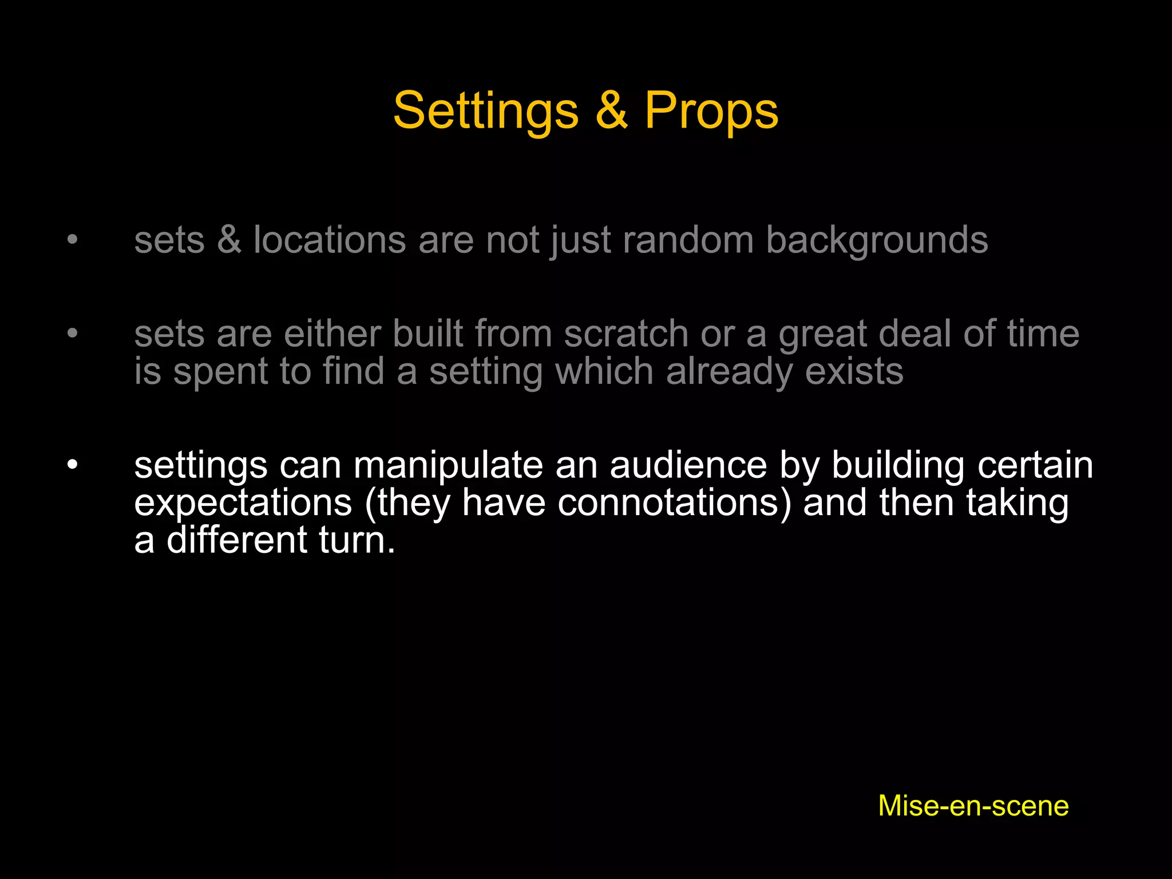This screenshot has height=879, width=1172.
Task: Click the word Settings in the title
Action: pyautogui.click(x=486, y=111)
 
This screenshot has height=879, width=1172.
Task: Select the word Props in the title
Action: pyautogui.click(x=711, y=111)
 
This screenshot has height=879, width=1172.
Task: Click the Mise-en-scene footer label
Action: pyautogui.click(x=973, y=806)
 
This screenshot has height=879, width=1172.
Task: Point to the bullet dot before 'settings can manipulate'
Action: pyautogui.click(x=72, y=464)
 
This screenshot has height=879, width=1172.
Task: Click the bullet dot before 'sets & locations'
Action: pyautogui.click(x=72, y=239)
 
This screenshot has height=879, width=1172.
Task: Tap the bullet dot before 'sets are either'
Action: pyautogui.click(x=72, y=333)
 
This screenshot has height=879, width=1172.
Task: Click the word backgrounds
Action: pyautogui.click(x=877, y=240)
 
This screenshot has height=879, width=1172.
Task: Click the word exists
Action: pyautogui.click(x=854, y=371)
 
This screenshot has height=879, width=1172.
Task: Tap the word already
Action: pyautogui.click(x=729, y=373)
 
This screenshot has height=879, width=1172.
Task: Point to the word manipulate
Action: pyautogui.click(x=448, y=465)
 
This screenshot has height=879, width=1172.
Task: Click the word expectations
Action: pyautogui.click(x=243, y=503)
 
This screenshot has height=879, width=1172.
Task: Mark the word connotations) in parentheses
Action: pyautogui.click(x=675, y=503)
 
